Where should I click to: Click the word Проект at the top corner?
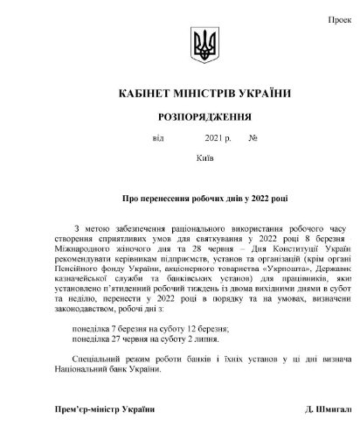344,18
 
